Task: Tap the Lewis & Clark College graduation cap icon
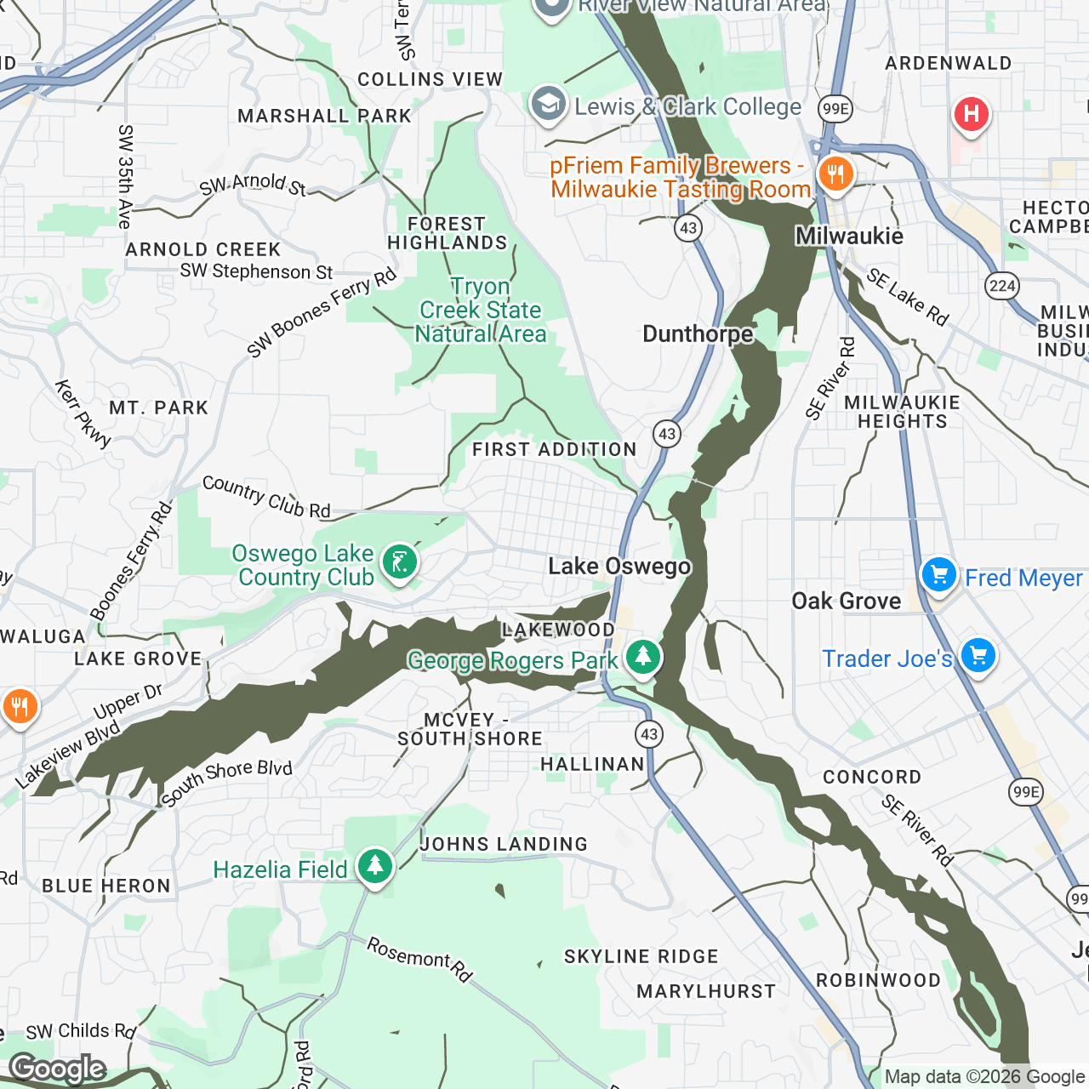pyautogui.click(x=549, y=105)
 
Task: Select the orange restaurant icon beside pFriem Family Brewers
pyautogui.click(x=835, y=175)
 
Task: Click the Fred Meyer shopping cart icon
pyautogui.click(x=939, y=576)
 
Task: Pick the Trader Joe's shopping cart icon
pyautogui.click(x=978, y=657)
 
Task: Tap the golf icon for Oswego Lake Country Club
pyautogui.click(x=399, y=562)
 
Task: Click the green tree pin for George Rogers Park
pyautogui.click(x=642, y=658)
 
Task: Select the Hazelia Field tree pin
pyautogui.click(x=374, y=867)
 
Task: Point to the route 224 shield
pyautogui.click(x=1002, y=286)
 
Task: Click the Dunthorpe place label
pyautogui.click(x=698, y=334)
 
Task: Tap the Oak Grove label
pyautogui.click(x=846, y=601)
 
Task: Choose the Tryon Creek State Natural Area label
pyautogui.click(x=481, y=311)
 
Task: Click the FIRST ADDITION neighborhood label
pyautogui.click(x=554, y=449)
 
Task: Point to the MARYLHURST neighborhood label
pyautogui.click(x=706, y=991)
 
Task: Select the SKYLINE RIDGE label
pyautogui.click(x=641, y=956)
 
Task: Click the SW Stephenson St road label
pyautogui.click(x=256, y=271)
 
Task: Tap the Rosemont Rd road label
pyautogui.click(x=419, y=959)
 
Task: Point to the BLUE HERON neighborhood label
pyautogui.click(x=106, y=886)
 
